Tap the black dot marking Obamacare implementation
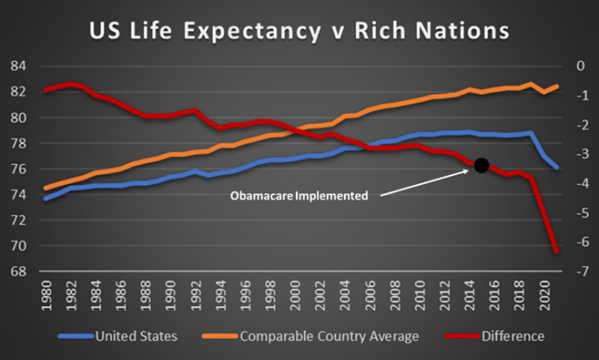[x=481, y=165]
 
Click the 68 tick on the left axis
[x=20, y=272]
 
